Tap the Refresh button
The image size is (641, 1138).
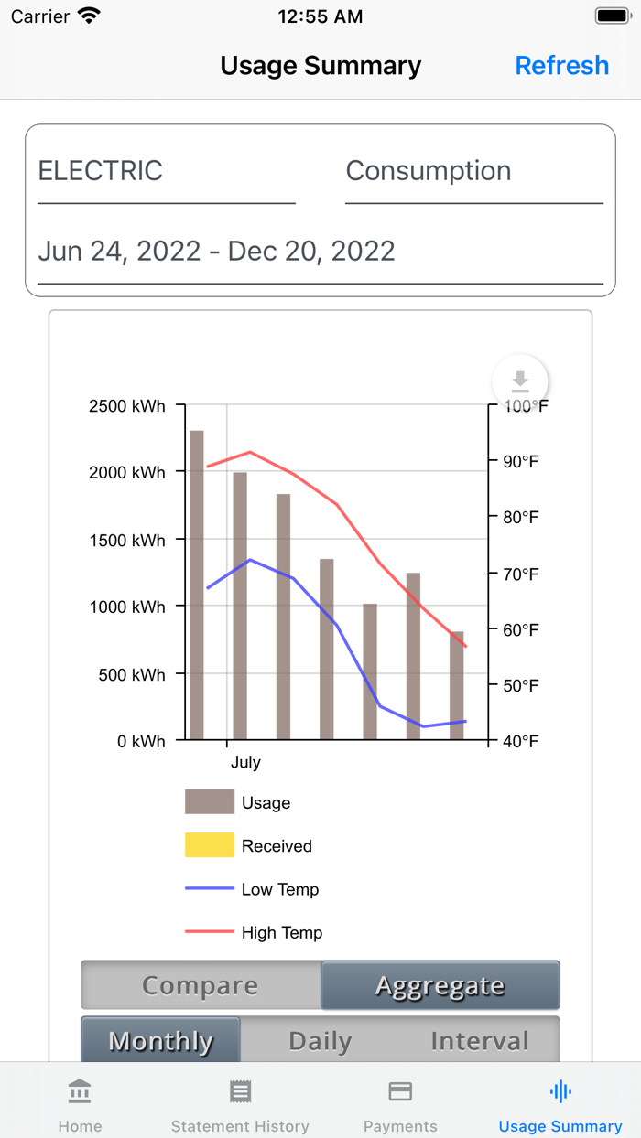pos(561,66)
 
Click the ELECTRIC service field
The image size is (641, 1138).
pos(166,172)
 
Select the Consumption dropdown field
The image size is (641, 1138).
pos(473,172)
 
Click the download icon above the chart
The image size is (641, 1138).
pos(520,381)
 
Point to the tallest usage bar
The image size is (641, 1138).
pos(197,585)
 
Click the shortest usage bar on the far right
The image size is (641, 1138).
pos(457,685)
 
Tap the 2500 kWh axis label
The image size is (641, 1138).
pos(127,405)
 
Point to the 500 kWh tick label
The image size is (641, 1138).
pos(127,675)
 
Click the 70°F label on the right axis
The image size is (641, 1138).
pos(521,574)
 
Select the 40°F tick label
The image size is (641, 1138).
pos(521,741)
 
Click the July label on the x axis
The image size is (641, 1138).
pos(245,762)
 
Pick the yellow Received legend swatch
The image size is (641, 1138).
pos(210,845)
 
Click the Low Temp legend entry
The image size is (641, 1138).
pos(279,889)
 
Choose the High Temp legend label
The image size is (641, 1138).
pos(282,933)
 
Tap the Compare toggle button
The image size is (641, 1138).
pos(201,985)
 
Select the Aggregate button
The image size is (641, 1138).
pos(440,985)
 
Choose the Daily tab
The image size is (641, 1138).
pos(320,1041)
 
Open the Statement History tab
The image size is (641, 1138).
pos(240,1104)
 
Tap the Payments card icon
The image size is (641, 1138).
pos(400,1091)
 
